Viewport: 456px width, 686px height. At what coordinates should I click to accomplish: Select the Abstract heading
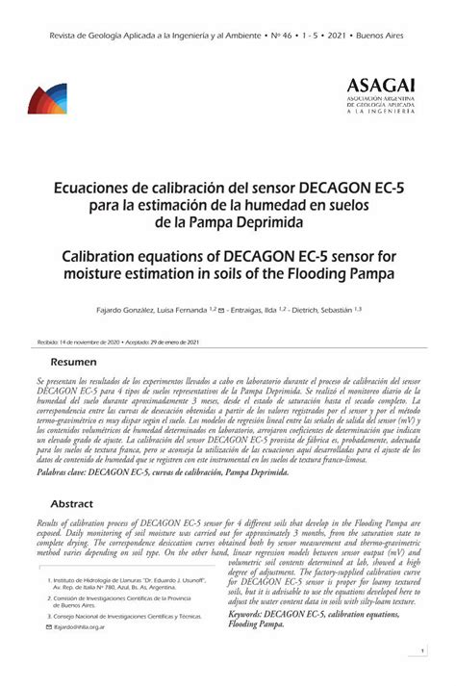coord(71,503)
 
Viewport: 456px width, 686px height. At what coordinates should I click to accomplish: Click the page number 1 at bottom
coord(423,651)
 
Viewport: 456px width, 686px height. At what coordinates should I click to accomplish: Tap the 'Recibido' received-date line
coord(116,342)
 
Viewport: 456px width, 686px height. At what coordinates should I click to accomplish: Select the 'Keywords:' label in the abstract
coord(253,613)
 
